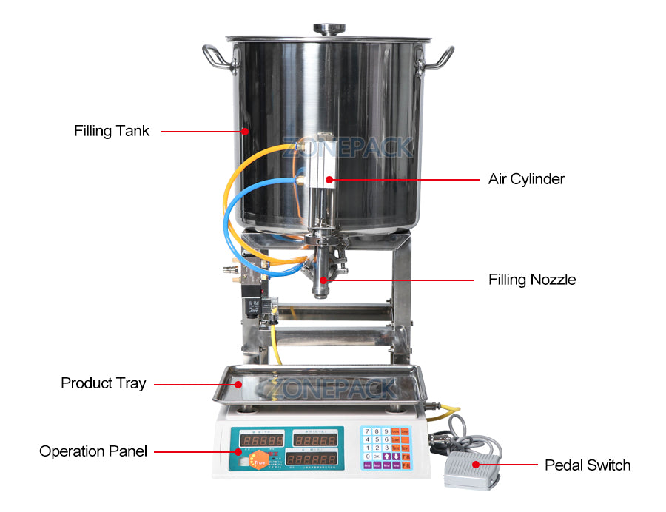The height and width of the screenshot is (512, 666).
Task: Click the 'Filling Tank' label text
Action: tap(112, 132)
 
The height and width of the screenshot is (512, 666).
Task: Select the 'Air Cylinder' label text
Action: tap(526, 179)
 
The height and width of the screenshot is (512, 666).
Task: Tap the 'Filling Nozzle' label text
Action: tap(531, 280)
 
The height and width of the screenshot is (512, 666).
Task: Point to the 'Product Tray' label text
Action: tap(103, 383)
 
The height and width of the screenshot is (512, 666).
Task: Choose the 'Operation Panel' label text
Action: tap(93, 451)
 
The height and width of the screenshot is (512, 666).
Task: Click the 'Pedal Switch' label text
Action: tap(588, 465)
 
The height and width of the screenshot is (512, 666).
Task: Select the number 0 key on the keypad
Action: tap(368, 457)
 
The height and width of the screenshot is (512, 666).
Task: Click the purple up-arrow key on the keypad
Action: tap(387, 457)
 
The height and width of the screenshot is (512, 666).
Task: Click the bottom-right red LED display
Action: tap(314, 459)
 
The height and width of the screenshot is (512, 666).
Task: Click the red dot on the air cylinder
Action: tap(326, 179)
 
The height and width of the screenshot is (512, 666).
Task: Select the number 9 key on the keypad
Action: tap(386, 431)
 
